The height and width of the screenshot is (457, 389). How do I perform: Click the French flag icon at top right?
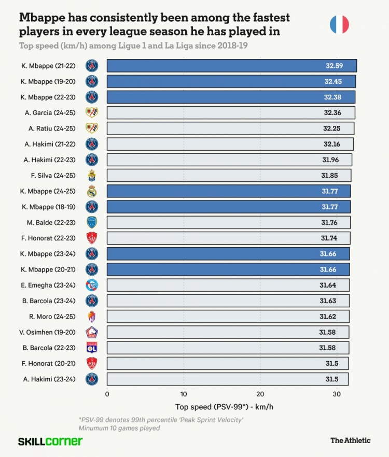click(339, 24)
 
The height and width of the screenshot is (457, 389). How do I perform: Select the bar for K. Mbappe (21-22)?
click(231, 66)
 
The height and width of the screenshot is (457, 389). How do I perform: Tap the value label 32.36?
click(332, 113)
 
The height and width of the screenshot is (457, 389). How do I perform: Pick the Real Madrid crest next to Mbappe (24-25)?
click(92, 191)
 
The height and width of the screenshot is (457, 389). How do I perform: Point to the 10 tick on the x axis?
click(184, 394)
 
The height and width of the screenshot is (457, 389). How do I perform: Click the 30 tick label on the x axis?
click(337, 394)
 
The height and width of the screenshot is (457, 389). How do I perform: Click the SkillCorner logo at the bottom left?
click(50, 441)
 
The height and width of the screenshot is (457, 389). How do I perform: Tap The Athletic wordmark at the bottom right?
click(351, 440)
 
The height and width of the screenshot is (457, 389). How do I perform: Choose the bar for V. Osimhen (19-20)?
click(228, 332)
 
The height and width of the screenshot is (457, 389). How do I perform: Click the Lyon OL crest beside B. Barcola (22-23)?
click(92, 348)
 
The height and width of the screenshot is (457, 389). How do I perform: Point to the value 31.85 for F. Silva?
click(330, 176)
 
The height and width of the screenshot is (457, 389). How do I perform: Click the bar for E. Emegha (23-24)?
click(228, 285)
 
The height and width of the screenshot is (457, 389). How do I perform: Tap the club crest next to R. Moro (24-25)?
click(92, 316)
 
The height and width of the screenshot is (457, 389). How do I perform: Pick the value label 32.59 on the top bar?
click(332, 66)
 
